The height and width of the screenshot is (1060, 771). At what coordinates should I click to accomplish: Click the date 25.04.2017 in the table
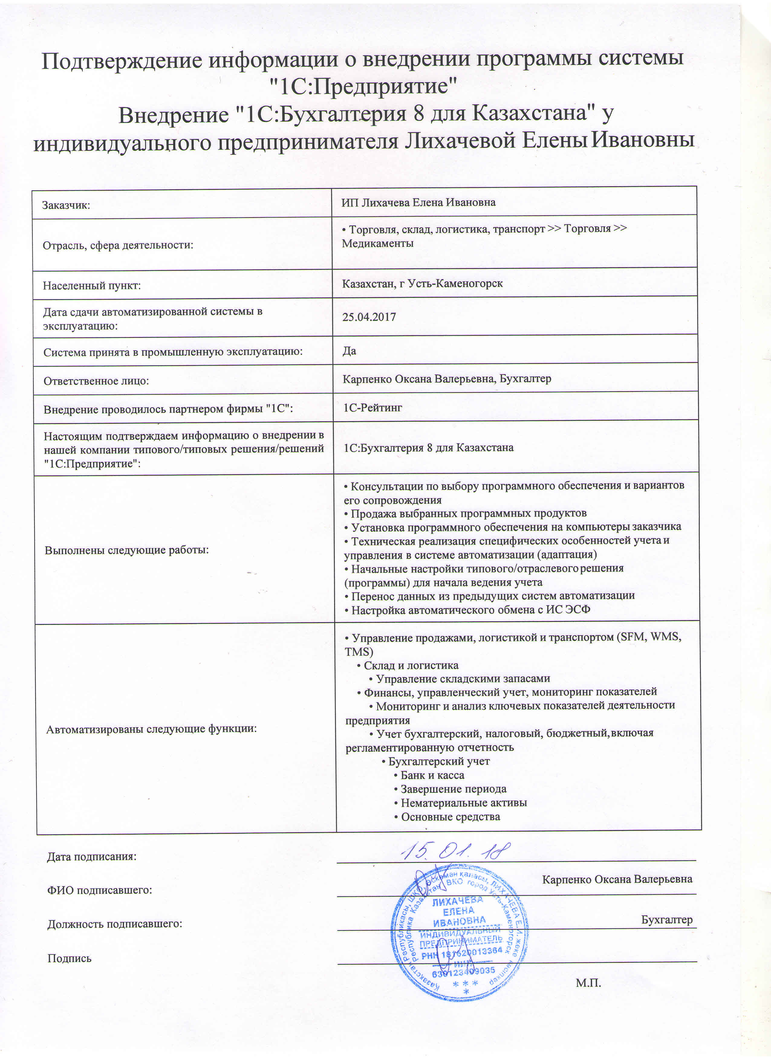pos(369,317)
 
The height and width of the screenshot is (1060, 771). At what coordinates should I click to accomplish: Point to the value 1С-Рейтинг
pos(372,408)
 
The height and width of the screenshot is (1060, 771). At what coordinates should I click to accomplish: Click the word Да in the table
pos(349,351)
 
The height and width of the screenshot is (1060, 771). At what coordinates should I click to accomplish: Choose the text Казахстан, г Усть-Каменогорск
pos(422,283)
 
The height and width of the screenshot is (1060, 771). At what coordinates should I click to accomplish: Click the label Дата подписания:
pos(92,857)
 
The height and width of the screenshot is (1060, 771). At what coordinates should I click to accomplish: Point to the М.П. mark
pos(588,983)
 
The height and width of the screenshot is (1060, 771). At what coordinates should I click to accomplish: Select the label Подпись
pos(69,958)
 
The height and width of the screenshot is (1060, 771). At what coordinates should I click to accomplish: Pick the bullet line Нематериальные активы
pos(463,803)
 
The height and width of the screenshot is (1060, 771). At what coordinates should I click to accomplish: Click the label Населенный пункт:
pos(92,286)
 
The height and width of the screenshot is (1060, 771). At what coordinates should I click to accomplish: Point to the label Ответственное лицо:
pos(96,381)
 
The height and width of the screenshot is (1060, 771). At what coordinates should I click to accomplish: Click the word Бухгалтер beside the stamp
pos(666,920)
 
